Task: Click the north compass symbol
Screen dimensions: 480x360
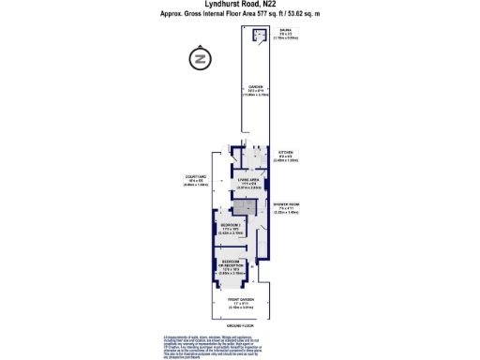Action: [x=198, y=60]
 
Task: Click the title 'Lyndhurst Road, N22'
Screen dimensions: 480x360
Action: [x=239, y=6]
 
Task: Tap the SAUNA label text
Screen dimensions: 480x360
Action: [x=284, y=32]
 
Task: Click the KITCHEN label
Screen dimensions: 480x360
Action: [x=286, y=152]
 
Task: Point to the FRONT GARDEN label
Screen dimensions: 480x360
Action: [x=241, y=300]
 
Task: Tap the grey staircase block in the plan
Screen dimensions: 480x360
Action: [x=244, y=208]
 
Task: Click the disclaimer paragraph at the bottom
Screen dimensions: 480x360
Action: [x=241, y=343]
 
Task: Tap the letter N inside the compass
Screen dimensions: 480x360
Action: [x=198, y=60]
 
